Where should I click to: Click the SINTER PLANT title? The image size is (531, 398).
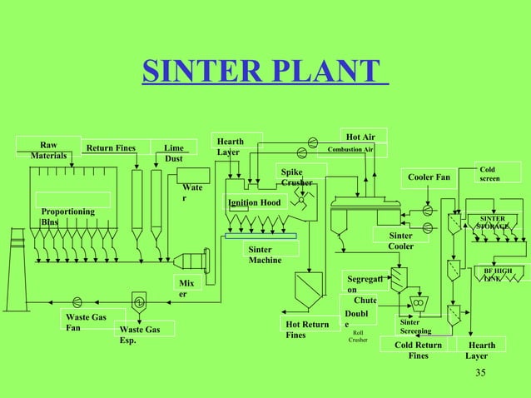tap(265, 72)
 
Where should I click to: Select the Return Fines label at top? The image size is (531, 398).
tap(111, 149)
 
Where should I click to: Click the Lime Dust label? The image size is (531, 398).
tap(174, 153)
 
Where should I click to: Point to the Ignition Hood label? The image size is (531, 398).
tap(254, 202)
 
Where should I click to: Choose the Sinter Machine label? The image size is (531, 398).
tap(265, 255)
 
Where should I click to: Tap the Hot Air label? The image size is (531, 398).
tap(360, 137)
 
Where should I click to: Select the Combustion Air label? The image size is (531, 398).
tap(350, 150)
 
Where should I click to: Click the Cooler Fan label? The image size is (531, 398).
tap(429, 177)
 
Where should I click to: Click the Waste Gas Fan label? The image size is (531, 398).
tap(86, 322)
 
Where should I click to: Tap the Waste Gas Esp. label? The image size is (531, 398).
tap(140, 335)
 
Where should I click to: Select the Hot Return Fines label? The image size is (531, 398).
tap(306, 330)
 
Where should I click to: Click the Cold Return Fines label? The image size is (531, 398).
tap(418, 350)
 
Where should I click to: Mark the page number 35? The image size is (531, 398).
tap(479, 372)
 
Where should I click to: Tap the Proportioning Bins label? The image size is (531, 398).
tap(67, 217)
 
